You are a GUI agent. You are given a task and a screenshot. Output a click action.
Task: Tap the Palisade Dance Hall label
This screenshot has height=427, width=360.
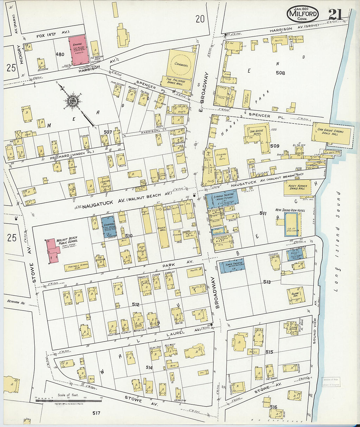tap(176, 82)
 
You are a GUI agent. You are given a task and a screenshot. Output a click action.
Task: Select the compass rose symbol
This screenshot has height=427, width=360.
tap(73, 100)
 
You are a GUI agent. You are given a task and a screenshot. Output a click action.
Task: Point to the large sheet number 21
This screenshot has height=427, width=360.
tap(335, 14)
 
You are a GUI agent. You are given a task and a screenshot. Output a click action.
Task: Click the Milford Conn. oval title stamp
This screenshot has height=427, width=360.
tap(302, 14)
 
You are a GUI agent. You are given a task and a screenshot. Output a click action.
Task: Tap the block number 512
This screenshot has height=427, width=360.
tap(136, 305)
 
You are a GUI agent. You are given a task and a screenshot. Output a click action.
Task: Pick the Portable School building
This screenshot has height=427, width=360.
tap(76, 267)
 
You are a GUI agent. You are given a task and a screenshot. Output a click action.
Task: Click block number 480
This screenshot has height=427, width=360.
tap(60, 54)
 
